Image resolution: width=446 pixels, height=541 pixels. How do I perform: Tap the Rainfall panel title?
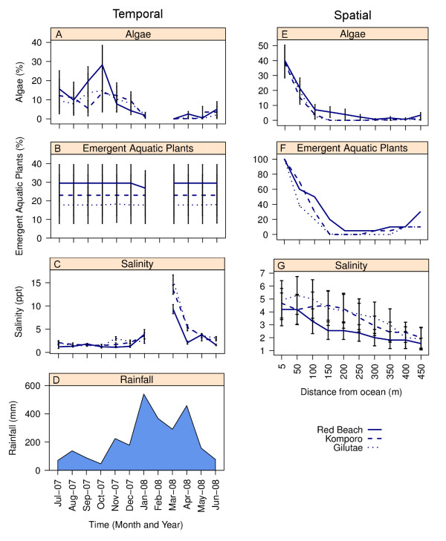138,377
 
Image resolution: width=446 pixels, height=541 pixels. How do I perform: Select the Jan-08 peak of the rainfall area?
144,394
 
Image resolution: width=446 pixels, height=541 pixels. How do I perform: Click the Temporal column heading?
137,13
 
